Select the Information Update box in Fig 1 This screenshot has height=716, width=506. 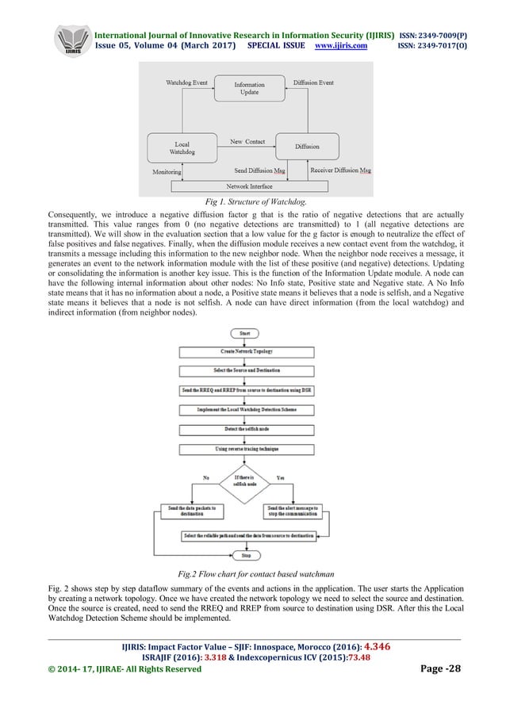pyautogui.click(x=249, y=88)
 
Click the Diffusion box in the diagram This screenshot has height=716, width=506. pyautogui.click(x=307, y=147)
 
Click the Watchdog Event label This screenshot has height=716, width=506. pyautogui.click(x=187, y=82)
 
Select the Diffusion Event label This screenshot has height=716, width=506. pyautogui.click(x=312, y=82)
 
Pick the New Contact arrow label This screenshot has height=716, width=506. pyautogui.click(x=247, y=142)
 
